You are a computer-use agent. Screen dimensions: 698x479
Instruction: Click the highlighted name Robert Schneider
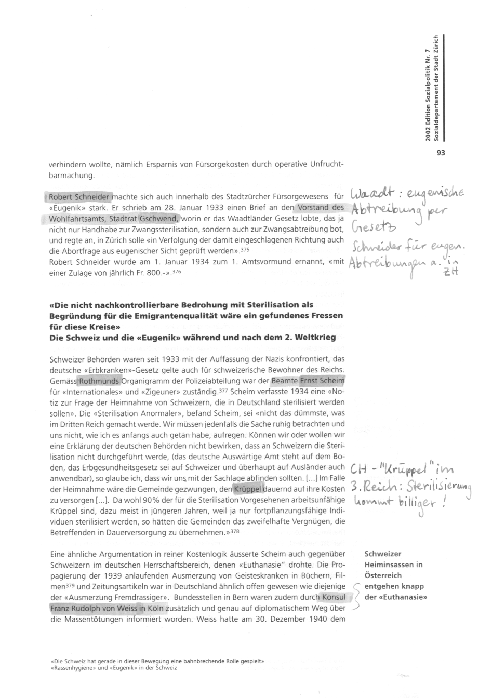tap(79, 197)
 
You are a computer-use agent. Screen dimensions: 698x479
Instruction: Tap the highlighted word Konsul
tap(332, 598)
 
